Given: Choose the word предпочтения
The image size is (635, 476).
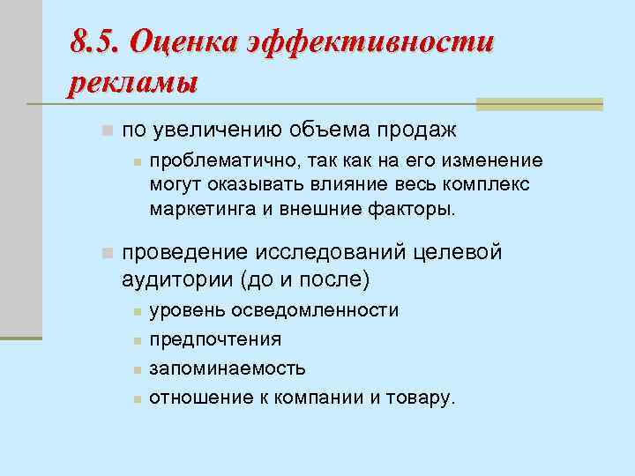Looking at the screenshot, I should click(215, 339).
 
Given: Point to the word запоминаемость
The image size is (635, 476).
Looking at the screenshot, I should click(228, 368).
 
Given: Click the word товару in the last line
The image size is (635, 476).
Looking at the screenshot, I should click(423, 398).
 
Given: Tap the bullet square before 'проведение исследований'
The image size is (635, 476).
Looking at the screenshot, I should click(106, 253).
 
